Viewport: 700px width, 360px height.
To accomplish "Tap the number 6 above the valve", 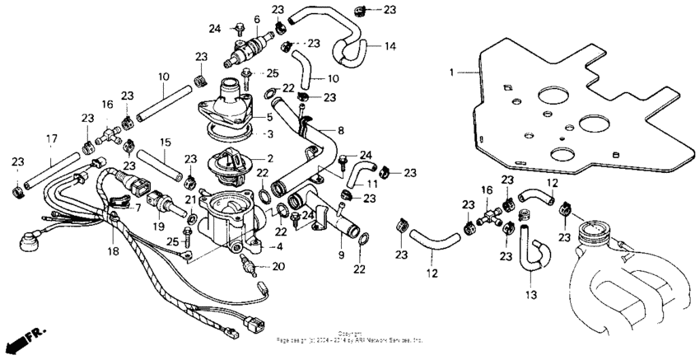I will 256,19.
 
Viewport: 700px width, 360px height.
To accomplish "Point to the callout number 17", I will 51,138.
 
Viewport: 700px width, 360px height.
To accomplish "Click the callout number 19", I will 159,225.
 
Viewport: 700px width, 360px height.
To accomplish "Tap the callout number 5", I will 270,116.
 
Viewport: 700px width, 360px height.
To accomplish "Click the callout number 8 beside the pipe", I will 340,130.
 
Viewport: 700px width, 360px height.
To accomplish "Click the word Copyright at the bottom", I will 350,333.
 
